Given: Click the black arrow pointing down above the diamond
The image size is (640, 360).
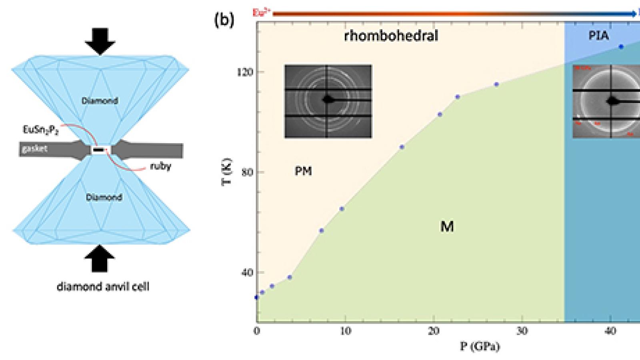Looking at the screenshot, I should [x=100, y=41].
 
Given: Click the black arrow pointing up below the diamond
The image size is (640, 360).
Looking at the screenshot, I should [x=100, y=258].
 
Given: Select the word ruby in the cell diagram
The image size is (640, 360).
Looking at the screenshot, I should [x=160, y=166].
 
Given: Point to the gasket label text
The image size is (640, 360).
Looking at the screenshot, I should [x=35, y=149].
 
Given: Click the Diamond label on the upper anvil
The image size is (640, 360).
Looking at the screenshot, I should [x=100, y=100].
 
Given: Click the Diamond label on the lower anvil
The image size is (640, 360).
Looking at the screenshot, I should [x=104, y=197].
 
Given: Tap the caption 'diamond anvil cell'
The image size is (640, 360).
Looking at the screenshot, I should [x=103, y=286].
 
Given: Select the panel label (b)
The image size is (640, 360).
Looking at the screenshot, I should [x=224, y=20].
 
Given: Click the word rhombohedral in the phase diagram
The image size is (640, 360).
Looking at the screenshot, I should [x=391, y=36].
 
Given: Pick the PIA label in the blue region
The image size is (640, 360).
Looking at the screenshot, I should [x=598, y=36].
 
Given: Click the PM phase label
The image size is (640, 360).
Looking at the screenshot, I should [x=303, y=171].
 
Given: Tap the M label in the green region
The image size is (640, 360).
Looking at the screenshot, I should [x=447, y=227].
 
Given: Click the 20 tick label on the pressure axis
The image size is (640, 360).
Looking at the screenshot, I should [x=434, y=331].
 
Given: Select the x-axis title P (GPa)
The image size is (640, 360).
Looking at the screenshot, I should [x=480, y=346].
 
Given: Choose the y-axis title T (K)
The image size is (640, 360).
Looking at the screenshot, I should [x=226, y=172].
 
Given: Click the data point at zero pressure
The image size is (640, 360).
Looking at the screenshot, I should [x=256, y=297].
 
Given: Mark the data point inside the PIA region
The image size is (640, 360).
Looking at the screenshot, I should [x=621, y=47].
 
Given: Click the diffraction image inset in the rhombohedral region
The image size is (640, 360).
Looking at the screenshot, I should [x=328, y=101].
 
